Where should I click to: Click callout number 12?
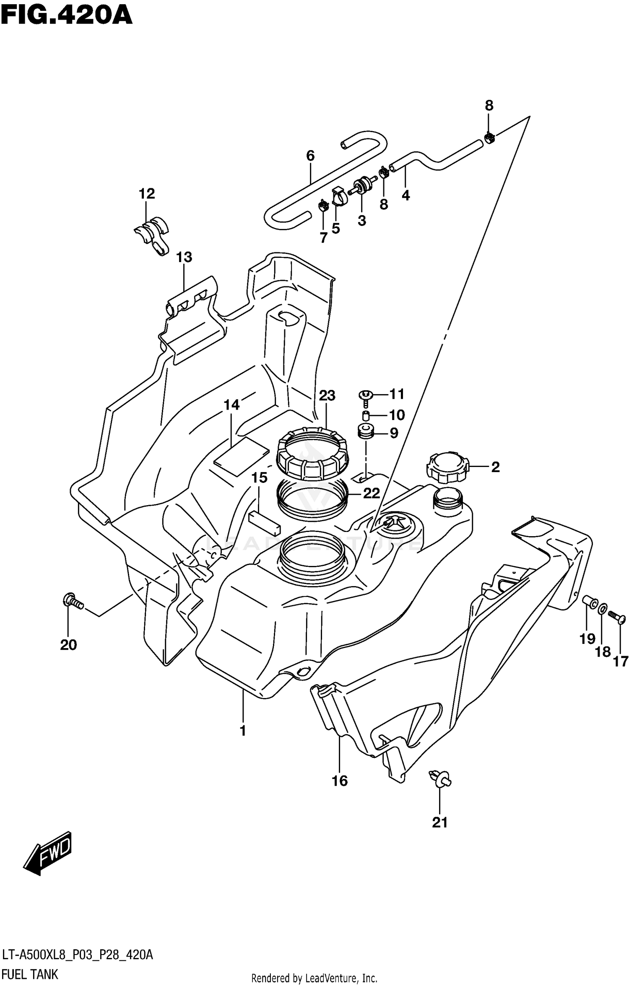click(147, 194)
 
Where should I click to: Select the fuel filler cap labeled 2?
click(447, 466)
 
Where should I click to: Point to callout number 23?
click(327, 395)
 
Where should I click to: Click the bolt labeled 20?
click(73, 602)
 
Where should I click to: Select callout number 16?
click(340, 781)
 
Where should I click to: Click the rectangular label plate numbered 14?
click(241, 456)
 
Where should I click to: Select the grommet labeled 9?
click(366, 432)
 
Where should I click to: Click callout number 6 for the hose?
click(310, 156)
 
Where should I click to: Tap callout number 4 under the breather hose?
click(405, 195)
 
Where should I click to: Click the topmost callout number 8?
click(489, 106)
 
